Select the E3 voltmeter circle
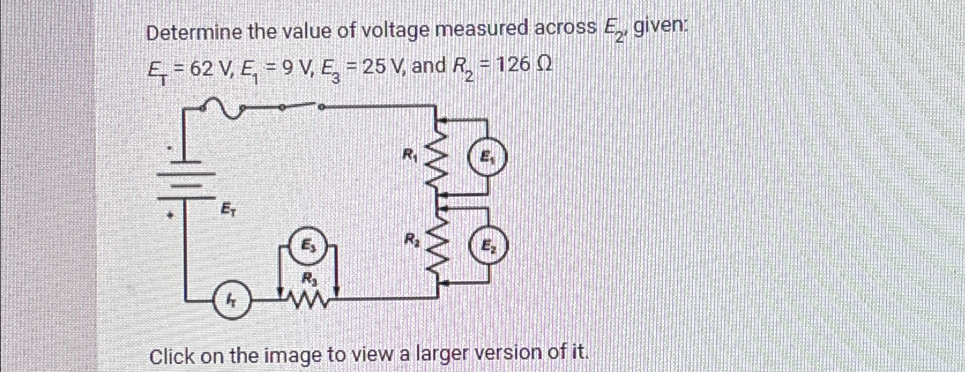coord(311,245)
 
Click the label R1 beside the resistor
coord(410,154)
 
